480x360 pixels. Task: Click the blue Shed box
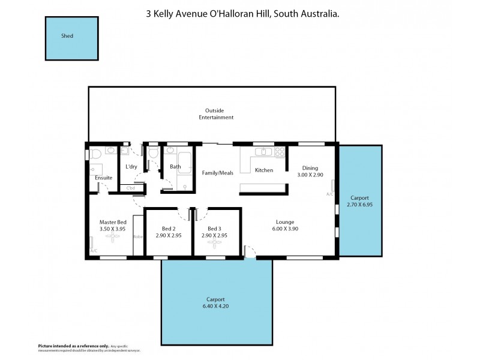[71, 37]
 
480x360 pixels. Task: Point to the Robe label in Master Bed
[137, 236]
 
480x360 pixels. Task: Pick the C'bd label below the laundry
[130, 188]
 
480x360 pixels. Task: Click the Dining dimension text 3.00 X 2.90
[310, 175]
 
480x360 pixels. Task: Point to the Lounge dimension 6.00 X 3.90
[284, 229]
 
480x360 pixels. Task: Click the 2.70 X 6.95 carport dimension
[360, 205]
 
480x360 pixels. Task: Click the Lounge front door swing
[250, 251]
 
